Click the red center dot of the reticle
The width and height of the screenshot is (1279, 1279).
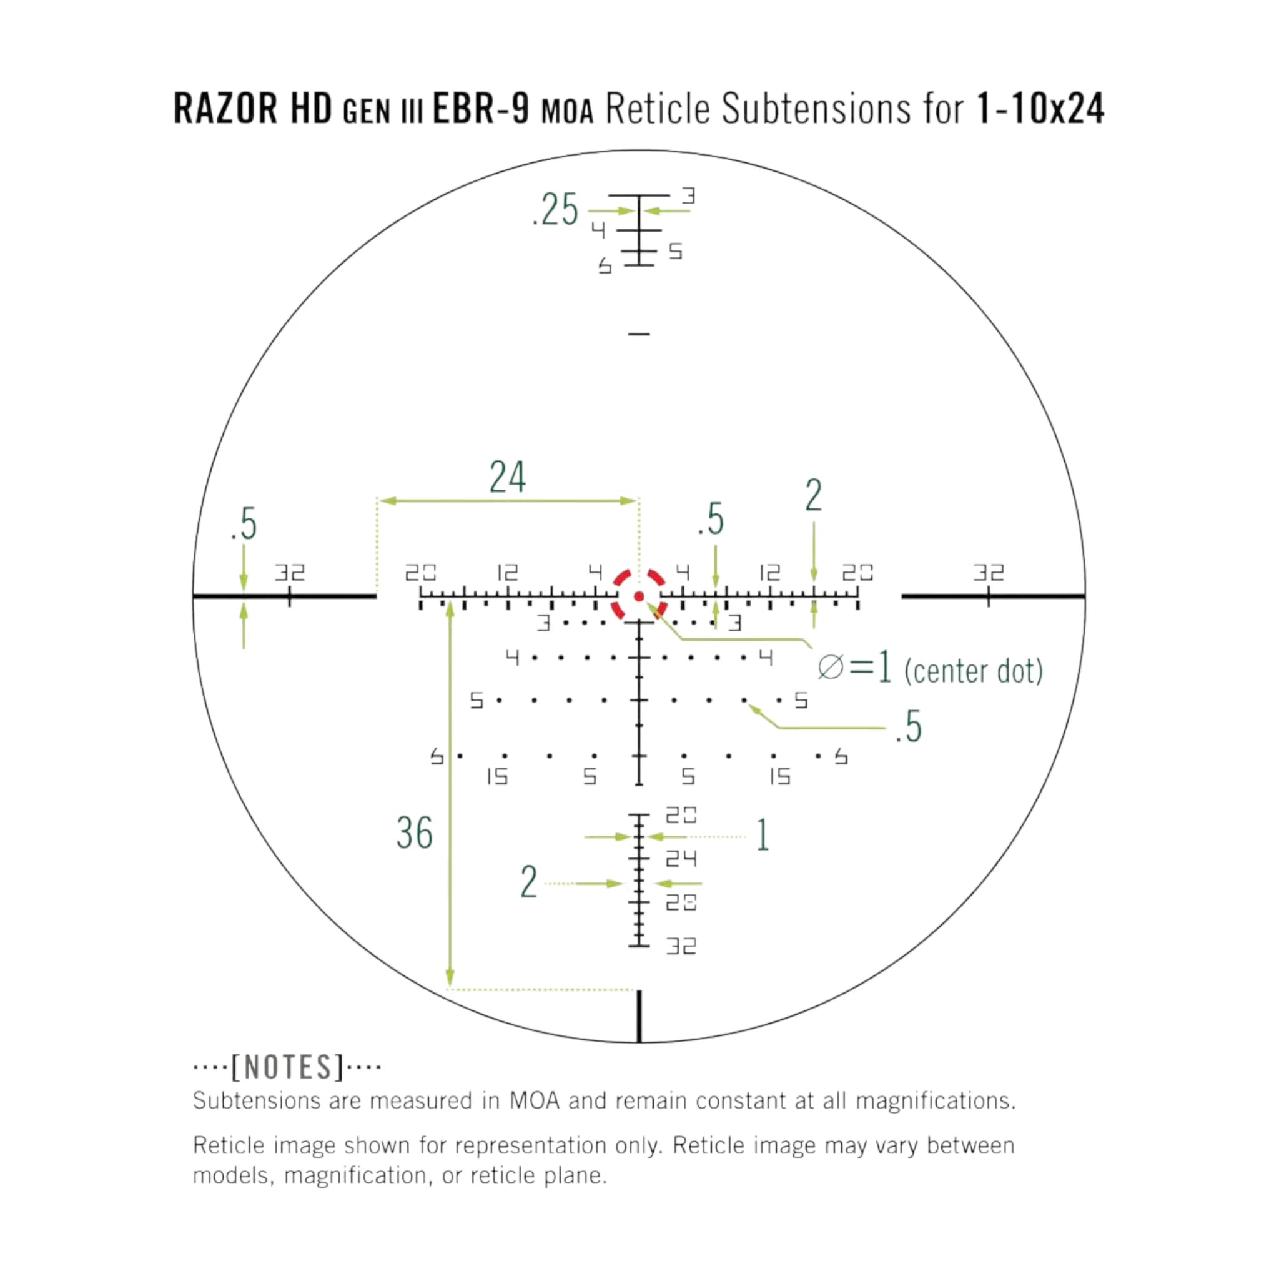[639, 596]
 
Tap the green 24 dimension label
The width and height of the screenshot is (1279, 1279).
[508, 477]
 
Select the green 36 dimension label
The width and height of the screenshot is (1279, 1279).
[415, 833]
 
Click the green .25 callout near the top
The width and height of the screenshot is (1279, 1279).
[555, 210]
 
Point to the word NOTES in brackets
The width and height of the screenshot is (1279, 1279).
[287, 1067]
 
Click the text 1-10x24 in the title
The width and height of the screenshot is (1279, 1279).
[1040, 108]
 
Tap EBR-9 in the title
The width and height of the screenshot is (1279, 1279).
[481, 108]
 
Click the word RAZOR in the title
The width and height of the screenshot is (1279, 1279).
[225, 108]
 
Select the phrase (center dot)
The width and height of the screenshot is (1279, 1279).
[973, 671]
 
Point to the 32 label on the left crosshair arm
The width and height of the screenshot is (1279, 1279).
[290, 572]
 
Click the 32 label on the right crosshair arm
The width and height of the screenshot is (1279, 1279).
[989, 572]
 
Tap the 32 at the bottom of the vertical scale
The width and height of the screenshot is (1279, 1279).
[681, 946]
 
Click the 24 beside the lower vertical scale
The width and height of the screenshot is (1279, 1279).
[681, 859]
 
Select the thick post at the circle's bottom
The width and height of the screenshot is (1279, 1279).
[639, 1016]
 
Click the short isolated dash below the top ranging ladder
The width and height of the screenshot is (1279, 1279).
[639, 334]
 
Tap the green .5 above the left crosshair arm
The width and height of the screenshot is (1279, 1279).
[244, 523]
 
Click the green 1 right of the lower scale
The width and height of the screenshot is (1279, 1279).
[763, 835]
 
